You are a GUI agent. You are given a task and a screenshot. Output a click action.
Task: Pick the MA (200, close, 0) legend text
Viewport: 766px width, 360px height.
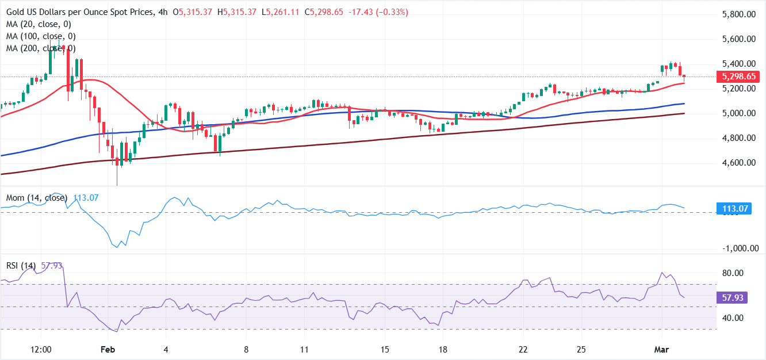[41, 48]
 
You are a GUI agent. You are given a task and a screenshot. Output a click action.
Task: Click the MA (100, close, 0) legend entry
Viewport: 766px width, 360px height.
[41, 36]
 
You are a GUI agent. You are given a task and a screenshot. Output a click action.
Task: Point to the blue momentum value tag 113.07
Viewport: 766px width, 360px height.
[733, 209]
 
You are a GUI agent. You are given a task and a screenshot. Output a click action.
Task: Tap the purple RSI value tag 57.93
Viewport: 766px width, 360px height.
[733, 298]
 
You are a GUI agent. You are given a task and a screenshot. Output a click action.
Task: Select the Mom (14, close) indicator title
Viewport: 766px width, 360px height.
[36, 198]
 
